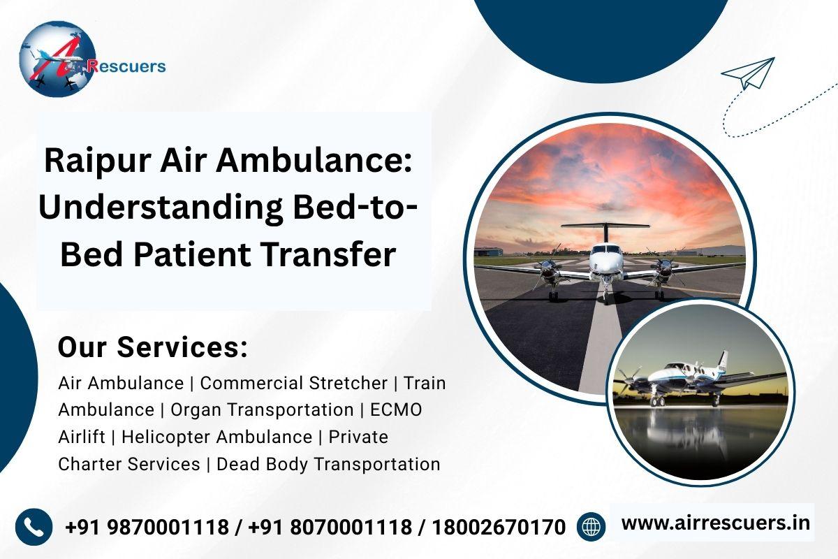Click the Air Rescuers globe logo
[x=57, y=59]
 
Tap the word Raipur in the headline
[x=98, y=161]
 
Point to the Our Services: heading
[x=153, y=347]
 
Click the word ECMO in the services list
[x=396, y=409]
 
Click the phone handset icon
[x=34, y=527]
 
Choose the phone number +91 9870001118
[x=147, y=527]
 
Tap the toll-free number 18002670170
[x=499, y=527]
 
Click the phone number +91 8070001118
[x=330, y=527]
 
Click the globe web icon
[x=591, y=526]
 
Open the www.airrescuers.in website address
[x=716, y=523]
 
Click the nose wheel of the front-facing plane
[x=606, y=298]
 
